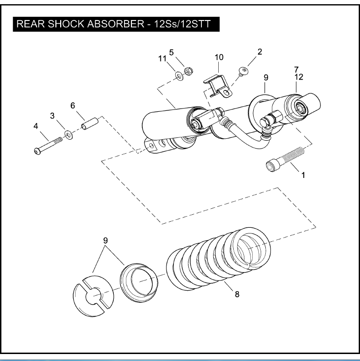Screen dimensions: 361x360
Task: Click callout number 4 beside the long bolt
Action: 35,125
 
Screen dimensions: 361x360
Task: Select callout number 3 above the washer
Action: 53,115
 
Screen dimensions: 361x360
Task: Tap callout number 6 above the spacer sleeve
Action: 73,106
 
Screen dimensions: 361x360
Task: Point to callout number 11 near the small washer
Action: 162,58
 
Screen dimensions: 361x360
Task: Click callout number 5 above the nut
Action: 171,52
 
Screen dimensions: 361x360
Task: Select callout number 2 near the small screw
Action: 260,52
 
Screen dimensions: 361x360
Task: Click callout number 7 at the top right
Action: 296,69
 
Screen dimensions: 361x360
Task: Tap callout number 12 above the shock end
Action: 298,77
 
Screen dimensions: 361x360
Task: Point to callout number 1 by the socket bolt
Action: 303,176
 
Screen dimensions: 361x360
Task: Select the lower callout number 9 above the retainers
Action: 105,240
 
